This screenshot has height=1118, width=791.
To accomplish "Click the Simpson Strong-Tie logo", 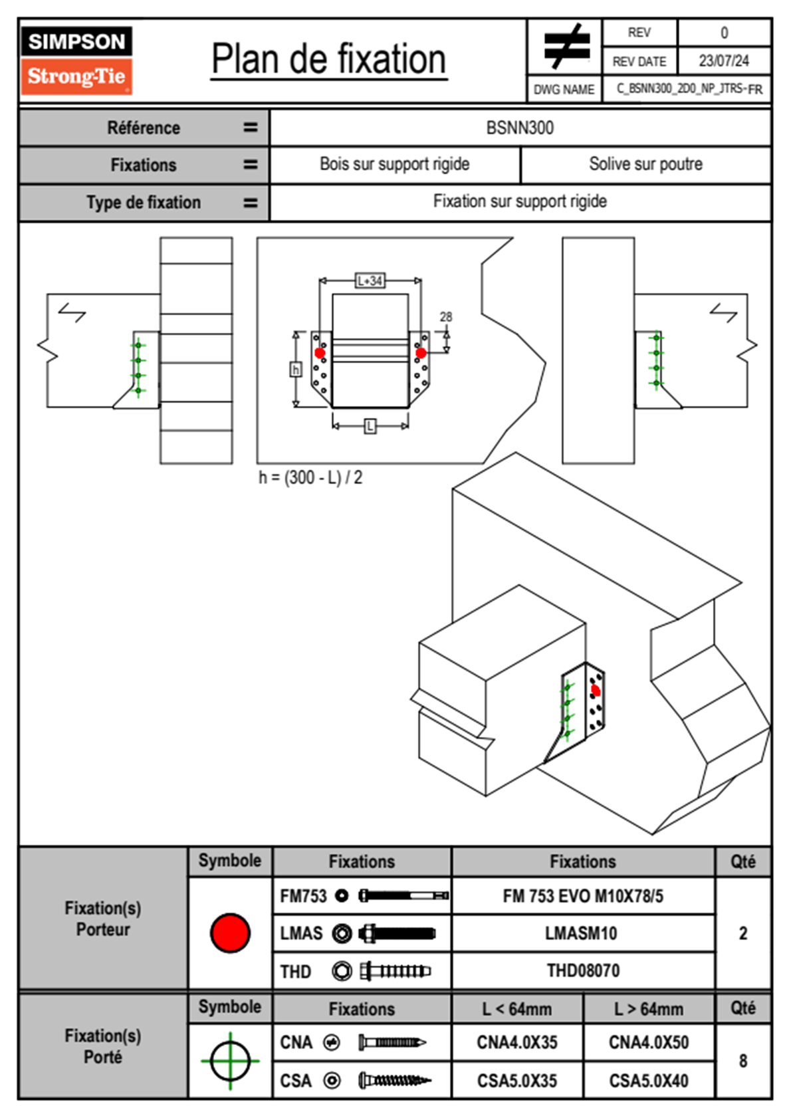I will coord(76,60).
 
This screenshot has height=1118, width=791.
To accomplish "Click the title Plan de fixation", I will coord(328,60).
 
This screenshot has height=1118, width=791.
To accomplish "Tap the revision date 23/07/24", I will coord(723,61).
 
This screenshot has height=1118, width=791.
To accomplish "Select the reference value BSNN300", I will coord(520,128).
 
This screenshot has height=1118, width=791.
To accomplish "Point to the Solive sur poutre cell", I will coord(645,164).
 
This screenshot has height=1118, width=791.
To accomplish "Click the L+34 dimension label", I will coord(370,280).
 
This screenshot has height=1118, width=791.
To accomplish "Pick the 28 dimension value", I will coord(445,317).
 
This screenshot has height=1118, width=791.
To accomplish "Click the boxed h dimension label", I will coord(296,369).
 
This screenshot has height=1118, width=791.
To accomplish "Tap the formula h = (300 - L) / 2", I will coord(310,478).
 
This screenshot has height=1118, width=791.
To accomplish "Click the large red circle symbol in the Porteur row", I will coord(230,933).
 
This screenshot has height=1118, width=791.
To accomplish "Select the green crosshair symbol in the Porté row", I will coord(230,1061).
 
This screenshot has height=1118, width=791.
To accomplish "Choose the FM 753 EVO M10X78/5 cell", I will coord(583,896).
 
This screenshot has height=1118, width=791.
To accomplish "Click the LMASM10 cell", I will coord(581,933).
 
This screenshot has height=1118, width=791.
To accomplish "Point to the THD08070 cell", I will coord(583,970).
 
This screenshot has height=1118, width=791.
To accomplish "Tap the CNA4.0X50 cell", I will coord(649,1042).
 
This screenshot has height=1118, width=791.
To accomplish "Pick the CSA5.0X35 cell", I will coord(517,1081).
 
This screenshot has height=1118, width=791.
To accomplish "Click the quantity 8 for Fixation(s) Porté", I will coord(742,1061).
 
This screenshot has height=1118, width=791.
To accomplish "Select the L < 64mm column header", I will coord(517,1009).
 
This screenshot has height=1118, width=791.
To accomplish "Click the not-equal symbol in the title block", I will coord(566,47).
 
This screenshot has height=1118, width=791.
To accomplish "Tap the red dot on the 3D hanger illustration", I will coord(596,691).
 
